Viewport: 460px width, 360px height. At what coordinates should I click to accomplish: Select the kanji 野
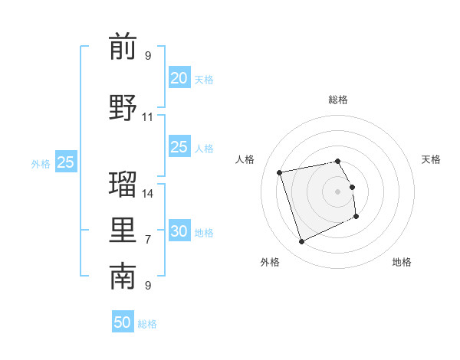pyautogui.click(x=123, y=107)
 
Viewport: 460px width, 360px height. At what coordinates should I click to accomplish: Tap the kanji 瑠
pyautogui.click(x=123, y=184)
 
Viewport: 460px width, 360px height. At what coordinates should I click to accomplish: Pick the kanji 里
pyautogui.click(x=123, y=231)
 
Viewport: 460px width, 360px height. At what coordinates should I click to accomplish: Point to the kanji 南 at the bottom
pyautogui.click(x=123, y=277)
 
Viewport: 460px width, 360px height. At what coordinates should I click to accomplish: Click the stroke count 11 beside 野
pyautogui.click(x=148, y=117)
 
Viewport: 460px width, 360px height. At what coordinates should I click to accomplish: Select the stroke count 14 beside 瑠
pyautogui.click(x=148, y=193)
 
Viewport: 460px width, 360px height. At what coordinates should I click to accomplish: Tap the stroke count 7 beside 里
pyautogui.click(x=148, y=240)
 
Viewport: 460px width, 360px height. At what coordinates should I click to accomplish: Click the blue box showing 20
pyautogui.click(x=179, y=77)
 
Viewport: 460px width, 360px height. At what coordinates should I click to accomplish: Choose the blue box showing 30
pyautogui.click(x=179, y=231)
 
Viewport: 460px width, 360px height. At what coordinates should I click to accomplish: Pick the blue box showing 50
pyautogui.click(x=123, y=322)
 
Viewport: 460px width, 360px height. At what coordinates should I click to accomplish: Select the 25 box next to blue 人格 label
pyautogui.click(x=179, y=147)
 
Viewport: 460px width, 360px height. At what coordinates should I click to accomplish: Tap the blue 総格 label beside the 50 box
pyautogui.click(x=147, y=324)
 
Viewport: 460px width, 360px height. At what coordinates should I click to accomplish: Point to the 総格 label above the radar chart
pyautogui.click(x=338, y=100)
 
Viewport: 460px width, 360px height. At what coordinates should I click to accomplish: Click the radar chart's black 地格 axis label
pyautogui.click(x=402, y=262)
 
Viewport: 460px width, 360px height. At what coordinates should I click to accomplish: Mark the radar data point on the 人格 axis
pyautogui.click(x=280, y=172)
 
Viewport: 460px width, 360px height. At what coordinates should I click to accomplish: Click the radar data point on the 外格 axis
pyautogui.click(x=301, y=242)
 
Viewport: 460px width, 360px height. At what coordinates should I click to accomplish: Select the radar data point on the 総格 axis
pyautogui.click(x=338, y=161)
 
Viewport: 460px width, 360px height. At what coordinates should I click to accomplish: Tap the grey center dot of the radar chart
pyautogui.click(x=338, y=191)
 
